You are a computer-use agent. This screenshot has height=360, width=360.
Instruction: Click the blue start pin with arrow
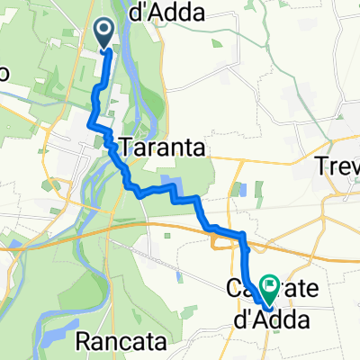(104, 34)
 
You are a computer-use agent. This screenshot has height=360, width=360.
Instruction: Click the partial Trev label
(339, 166)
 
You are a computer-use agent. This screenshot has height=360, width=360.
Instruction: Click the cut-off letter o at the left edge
(4, 75)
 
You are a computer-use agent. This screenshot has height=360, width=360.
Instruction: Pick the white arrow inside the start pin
(104, 31)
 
